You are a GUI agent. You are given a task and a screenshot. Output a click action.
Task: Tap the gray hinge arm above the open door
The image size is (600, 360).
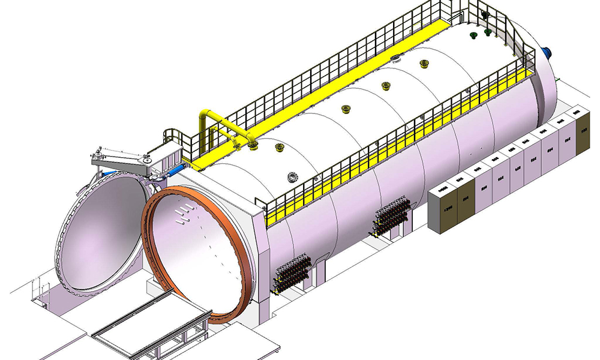point(120,159)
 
